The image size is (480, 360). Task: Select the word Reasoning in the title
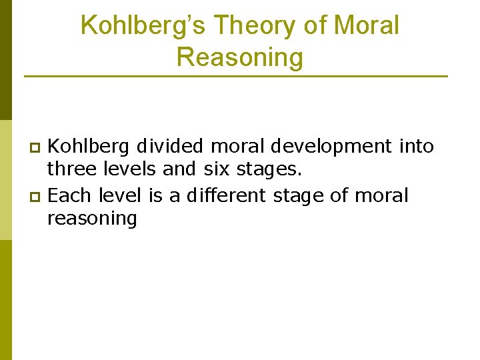(239, 57)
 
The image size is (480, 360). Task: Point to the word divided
(170, 146)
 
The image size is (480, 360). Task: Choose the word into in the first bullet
(417, 146)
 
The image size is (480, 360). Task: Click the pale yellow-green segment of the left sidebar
(5, 180)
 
